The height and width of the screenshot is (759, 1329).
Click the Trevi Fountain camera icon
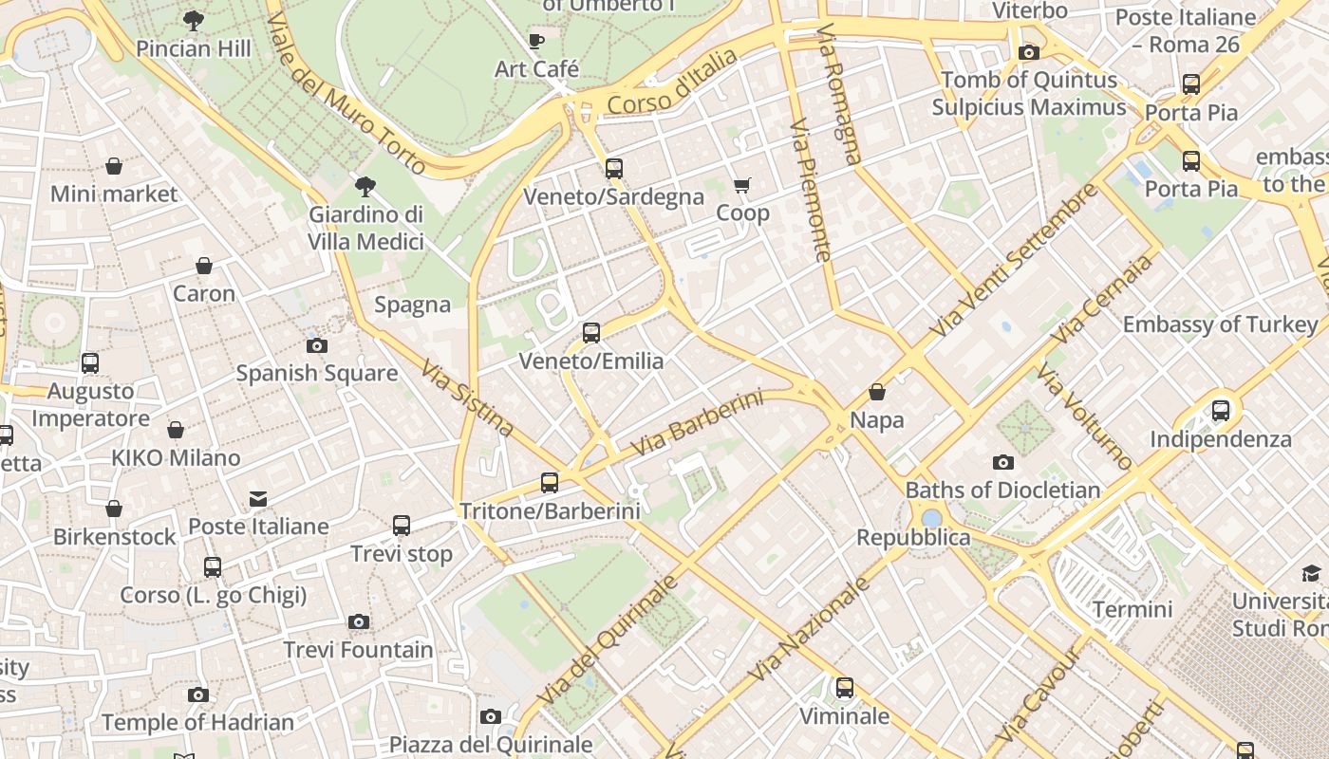point(358,622)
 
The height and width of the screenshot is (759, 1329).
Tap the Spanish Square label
point(316,373)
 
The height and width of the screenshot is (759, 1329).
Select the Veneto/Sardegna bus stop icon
point(614,169)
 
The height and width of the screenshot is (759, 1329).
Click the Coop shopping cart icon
point(741,185)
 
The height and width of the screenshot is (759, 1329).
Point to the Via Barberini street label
point(697,422)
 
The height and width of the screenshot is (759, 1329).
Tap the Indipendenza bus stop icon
point(1221,411)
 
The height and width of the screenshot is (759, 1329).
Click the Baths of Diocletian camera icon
point(1002,463)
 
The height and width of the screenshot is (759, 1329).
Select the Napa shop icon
point(877,392)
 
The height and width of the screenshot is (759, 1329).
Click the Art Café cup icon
point(536,41)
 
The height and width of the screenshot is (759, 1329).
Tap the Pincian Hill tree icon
point(194,20)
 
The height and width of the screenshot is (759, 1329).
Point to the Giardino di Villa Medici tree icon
point(365,186)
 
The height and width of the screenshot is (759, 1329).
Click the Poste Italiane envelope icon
point(257,499)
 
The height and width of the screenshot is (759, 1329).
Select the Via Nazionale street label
point(809,629)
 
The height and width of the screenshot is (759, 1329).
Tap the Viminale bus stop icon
point(845,688)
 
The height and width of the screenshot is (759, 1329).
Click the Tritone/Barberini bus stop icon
point(550,483)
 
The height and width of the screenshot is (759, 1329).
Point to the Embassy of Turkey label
point(1220,324)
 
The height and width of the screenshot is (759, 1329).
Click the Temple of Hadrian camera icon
point(197,695)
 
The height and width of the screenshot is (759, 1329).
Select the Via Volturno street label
point(1085,417)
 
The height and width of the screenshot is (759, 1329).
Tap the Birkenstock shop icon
point(114,509)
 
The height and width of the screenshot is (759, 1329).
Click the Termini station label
point(1132,609)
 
